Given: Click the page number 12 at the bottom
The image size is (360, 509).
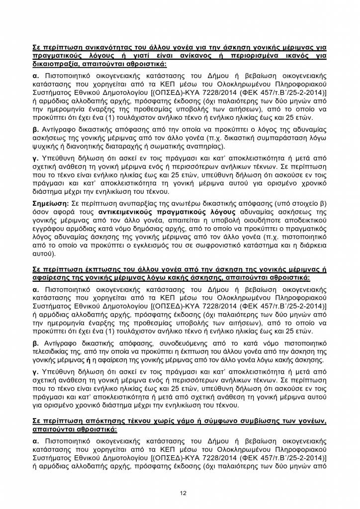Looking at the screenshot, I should click(183, 493).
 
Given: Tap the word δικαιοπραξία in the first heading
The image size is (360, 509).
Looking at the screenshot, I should click(55, 65).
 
